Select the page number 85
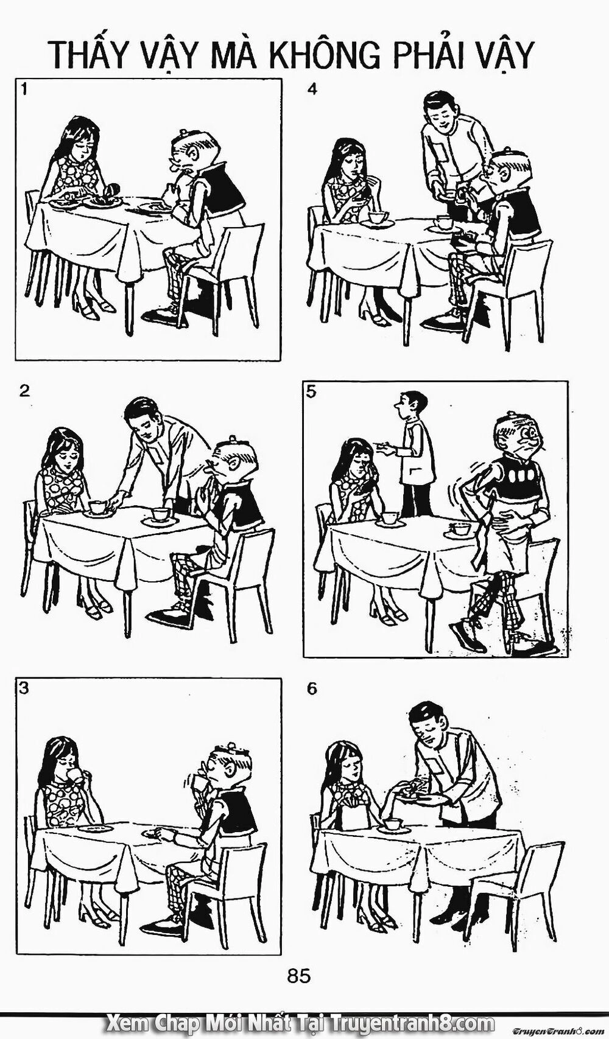pos(299,977)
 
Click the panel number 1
pos(24,90)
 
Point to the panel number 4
pos(312,90)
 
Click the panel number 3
pos(24,688)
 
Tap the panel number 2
pos(24,390)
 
